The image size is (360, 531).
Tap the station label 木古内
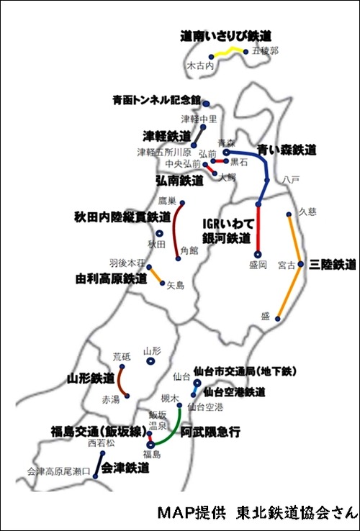[x=200, y=65]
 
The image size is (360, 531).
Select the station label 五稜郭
[x=265, y=52]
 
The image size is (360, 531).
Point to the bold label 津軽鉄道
[x=167, y=135]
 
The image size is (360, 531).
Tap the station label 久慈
[x=307, y=212]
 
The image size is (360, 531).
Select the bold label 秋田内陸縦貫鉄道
[x=122, y=216]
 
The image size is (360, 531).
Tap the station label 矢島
[x=176, y=286]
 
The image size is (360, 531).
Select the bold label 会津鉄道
[x=126, y=468]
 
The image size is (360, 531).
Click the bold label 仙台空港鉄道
[x=234, y=392]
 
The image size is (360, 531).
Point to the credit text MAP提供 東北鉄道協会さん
[x=256, y=513]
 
